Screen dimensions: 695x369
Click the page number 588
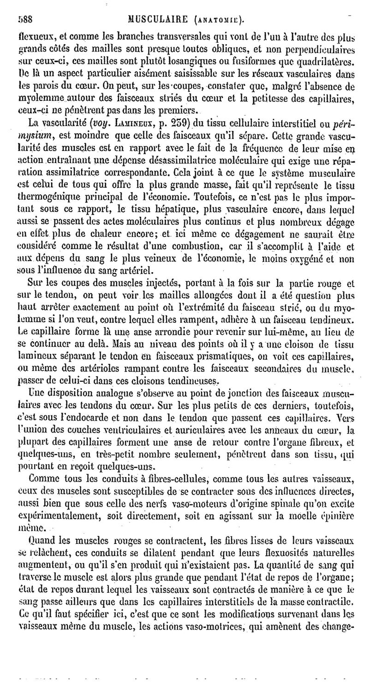tap(24, 19)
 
